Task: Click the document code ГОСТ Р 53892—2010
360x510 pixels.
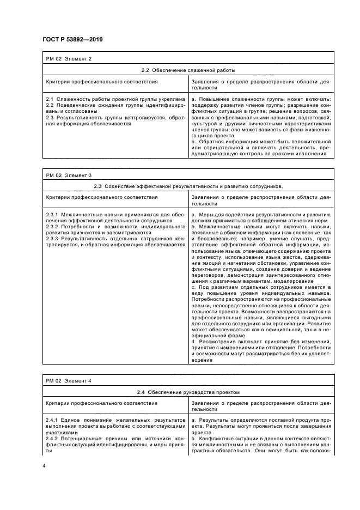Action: pos(72,40)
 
